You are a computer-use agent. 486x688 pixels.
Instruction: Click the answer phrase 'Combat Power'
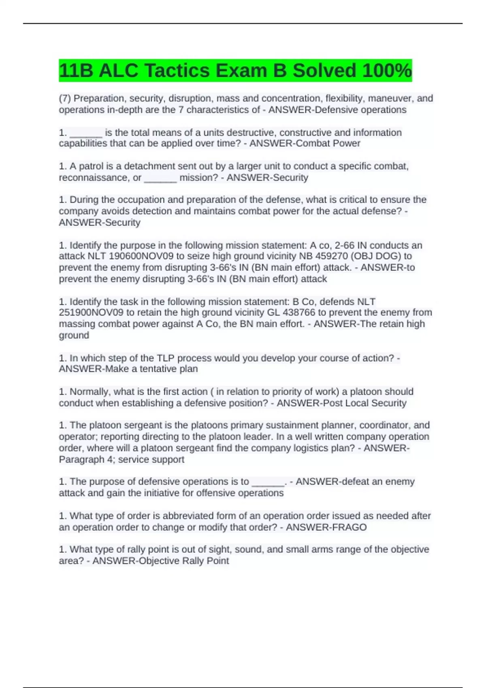pos(328,143)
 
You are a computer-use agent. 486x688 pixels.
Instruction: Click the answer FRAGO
pos(349,527)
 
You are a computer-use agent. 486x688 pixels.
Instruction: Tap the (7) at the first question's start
pos(65,98)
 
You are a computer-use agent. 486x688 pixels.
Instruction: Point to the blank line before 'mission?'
pos(160,178)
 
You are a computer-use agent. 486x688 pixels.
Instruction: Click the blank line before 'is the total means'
pos(86,133)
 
